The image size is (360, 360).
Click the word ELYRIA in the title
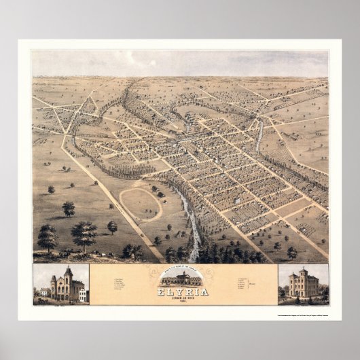179,289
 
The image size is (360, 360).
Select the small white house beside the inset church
83,294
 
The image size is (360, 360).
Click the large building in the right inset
303,284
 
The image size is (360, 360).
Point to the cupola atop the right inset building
303,272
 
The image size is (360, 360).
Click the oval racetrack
141,203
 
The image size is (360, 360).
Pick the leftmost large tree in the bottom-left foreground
48,238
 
